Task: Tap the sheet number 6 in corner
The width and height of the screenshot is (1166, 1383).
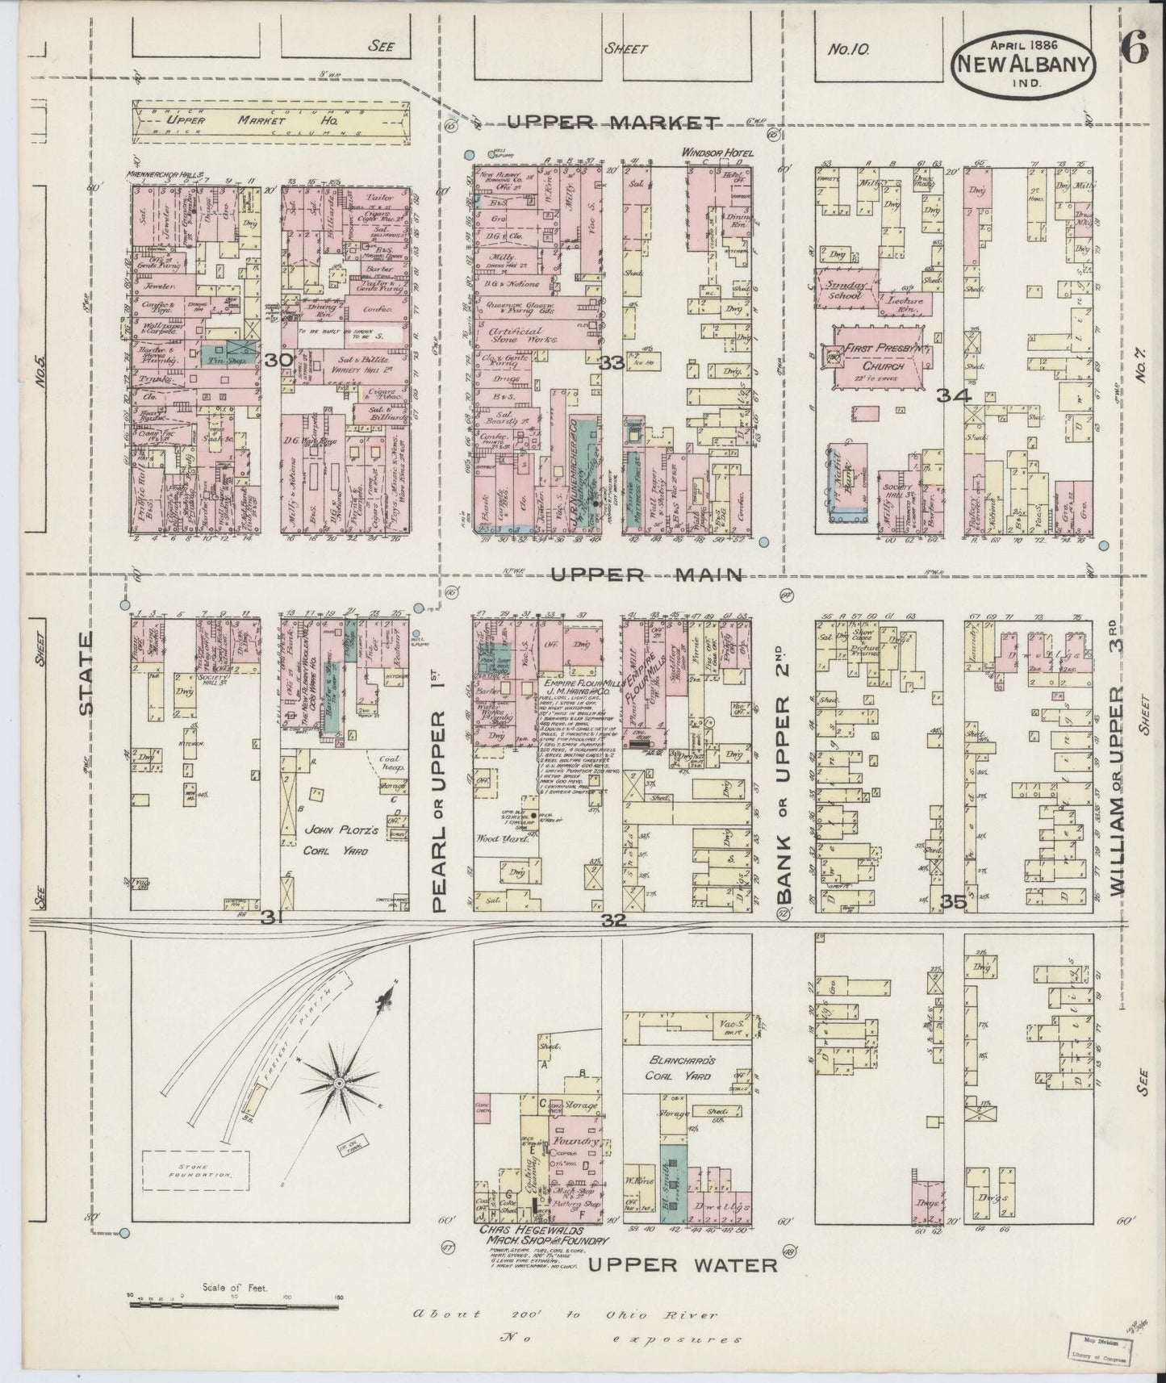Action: pyautogui.click(x=1133, y=50)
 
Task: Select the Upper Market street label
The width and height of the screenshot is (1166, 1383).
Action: pyautogui.click(x=614, y=123)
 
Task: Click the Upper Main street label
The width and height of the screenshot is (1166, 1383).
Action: pyautogui.click(x=646, y=575)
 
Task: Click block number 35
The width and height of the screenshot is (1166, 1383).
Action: pyautogui.click(x=955, y=903)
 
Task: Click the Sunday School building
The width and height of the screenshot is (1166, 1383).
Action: pyautogui.click(x=844, y=290)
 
